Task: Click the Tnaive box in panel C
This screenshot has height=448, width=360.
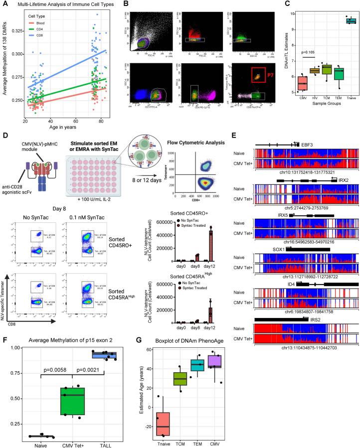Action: tap(348, 20)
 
